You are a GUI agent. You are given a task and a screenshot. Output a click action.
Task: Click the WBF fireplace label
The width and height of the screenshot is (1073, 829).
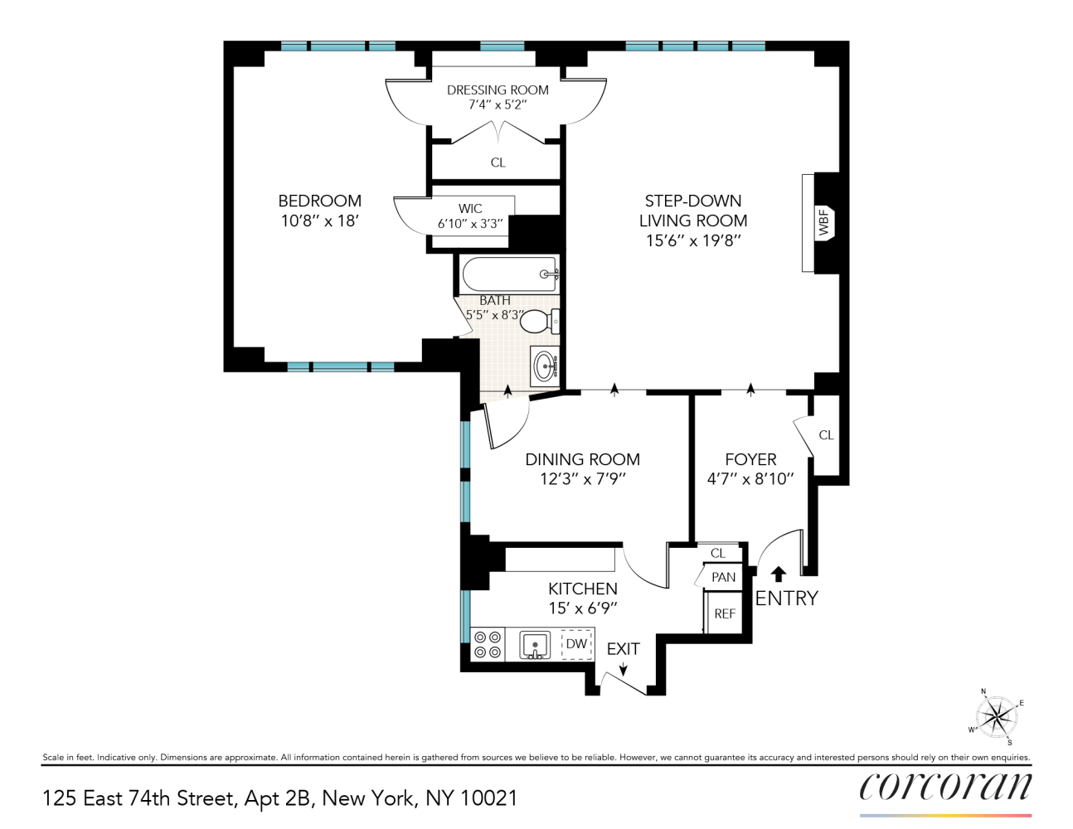coord(824,223)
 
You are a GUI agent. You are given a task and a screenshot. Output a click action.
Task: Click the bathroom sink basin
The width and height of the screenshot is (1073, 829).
coord(545,365)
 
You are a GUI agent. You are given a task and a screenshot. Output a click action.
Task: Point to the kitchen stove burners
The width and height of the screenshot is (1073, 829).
coord(487,645)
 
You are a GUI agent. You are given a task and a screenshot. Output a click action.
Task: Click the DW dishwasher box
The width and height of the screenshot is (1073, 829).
coord(577,644)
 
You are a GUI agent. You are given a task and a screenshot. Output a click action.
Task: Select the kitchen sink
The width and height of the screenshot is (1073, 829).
coord(535,644)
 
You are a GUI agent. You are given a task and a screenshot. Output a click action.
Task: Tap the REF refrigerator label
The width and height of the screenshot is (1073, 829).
coord(725,614)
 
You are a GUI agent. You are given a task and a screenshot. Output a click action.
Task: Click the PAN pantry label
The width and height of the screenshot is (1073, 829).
coord(723,577)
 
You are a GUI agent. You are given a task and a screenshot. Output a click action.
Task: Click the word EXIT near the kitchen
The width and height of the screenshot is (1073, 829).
coord(623,649)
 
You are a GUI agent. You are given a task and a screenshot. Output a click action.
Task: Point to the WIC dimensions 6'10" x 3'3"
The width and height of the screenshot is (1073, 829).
coord(470,224)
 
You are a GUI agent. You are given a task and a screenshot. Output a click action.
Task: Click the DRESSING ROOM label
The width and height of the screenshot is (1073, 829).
coord(498,90)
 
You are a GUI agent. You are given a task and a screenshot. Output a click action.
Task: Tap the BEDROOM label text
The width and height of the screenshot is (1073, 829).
coord(319,201)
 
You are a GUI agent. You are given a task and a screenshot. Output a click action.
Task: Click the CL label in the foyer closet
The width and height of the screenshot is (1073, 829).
coord(826,435)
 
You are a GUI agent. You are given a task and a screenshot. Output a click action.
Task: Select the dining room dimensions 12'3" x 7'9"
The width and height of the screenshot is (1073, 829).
coord(582,479)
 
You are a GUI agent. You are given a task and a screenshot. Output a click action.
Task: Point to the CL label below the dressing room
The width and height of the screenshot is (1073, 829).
coord(498,162)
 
